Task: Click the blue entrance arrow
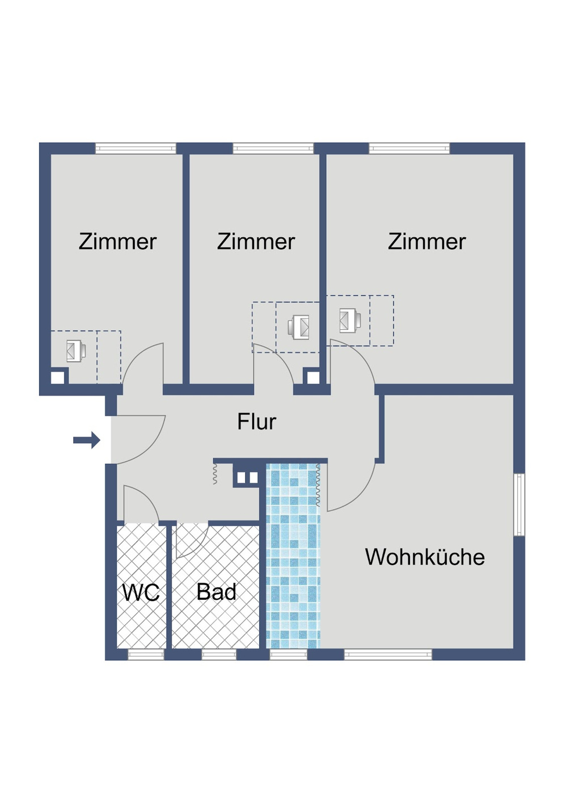coord(87,440)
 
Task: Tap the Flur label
coord(256,422)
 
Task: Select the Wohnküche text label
coord(425,557)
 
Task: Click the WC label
coord(141,592)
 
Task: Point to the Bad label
coord(216,592)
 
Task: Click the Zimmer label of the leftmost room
coord(117,242)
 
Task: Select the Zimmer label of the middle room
coord(256,242)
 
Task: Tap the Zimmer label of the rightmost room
coord(426,242)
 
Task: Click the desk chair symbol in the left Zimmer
coord(75,351)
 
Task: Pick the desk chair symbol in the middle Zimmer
coord(299,327)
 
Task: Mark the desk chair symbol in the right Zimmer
coord(350,320)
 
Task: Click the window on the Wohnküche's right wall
coord(519,504)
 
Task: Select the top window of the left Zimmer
coord(136,149)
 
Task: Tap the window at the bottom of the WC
coord(146,655)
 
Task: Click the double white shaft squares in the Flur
coord(247,478)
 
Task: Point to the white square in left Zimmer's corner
coord(58,377)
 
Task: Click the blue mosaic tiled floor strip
coord(293,556)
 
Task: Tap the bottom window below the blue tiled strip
coord(288,655)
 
